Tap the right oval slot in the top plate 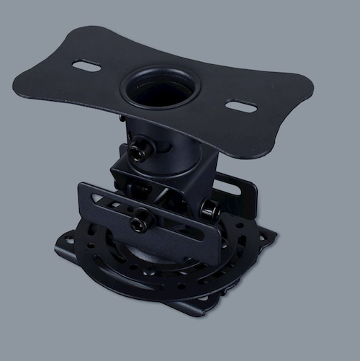[x=241, y=106]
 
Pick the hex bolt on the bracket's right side [x=208, y=209]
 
